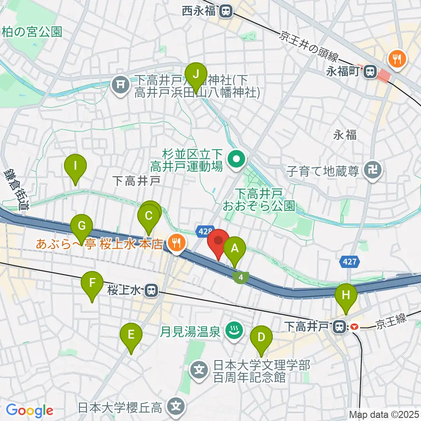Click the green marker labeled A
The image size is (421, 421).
235,250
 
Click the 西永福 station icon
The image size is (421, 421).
226,10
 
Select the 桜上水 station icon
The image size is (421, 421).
152,290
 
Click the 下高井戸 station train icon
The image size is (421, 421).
339,326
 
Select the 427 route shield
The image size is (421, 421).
350,262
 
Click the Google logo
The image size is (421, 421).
29,411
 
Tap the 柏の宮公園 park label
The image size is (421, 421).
32,32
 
